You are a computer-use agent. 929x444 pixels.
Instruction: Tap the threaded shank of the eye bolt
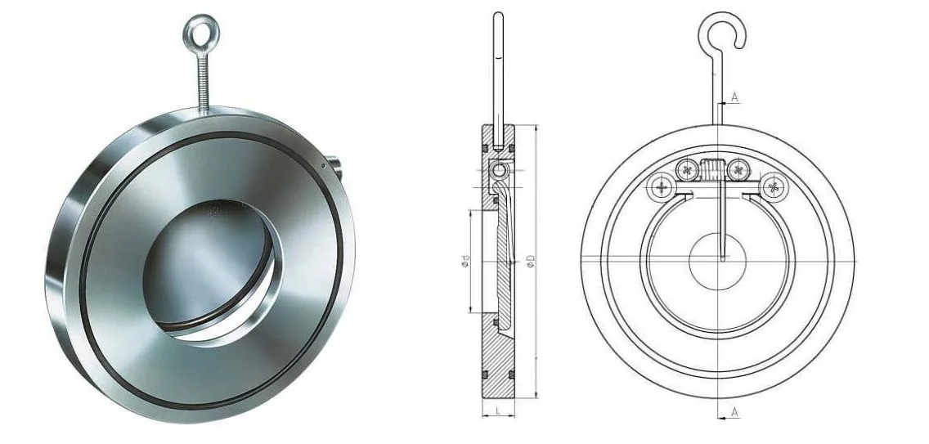coord(203,83)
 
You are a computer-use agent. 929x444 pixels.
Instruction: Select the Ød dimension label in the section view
coord(465,260)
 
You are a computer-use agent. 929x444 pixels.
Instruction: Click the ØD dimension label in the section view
coord(530,260)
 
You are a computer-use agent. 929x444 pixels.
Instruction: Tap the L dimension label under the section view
coord(498,409)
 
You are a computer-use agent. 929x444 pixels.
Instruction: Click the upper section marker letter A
coord(734,97)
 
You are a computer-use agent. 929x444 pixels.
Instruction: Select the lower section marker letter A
coord(734,411)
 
